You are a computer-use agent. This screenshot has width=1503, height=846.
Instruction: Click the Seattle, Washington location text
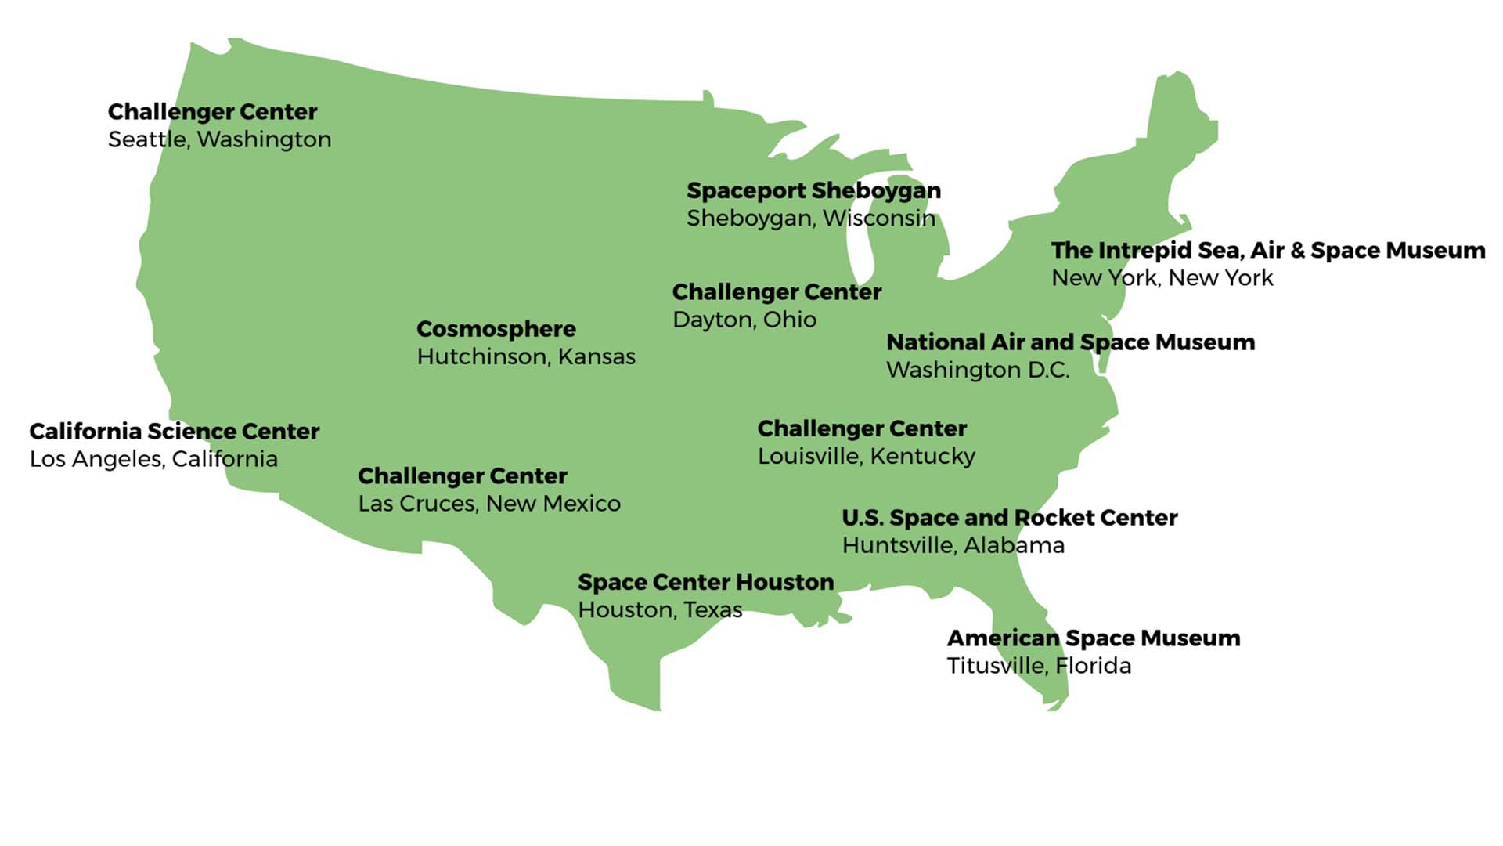[x=219, y=139]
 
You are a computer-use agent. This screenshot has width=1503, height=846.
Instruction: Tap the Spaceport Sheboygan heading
[x=813, y=190]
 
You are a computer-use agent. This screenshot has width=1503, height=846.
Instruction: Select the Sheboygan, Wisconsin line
[x=810, y=218]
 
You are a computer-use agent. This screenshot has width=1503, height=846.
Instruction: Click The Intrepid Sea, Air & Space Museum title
[x=1267, y=250]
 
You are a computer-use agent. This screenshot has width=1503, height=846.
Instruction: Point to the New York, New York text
[x=1162, y=278]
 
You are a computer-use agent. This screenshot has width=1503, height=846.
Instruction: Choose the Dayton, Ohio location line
[x=744, y=320]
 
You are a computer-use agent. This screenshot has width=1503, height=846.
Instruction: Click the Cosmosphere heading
[x=496, y=329]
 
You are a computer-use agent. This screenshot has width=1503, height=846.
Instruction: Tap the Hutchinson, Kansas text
[x=525, y=356]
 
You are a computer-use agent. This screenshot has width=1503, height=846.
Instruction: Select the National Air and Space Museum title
[x=1070, y=342]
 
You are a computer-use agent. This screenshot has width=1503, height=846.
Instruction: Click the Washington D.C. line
[x=977, y=370]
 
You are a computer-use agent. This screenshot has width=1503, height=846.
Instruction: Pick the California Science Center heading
[x=174, y=432]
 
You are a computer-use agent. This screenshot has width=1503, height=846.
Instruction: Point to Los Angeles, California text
[x=153, y=459]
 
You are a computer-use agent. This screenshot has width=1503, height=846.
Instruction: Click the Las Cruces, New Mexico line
[x=488, y=504]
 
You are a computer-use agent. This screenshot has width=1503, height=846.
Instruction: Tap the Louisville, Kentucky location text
[x=866, y=456]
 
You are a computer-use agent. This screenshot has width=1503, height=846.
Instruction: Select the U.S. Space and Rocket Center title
[x=1009, y=518]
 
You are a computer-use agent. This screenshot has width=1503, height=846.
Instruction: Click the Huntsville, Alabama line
[x=953, y=545]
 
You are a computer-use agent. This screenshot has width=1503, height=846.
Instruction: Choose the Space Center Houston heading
[x=705, y=582]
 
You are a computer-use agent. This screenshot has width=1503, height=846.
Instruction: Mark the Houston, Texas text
[x=659, y=609]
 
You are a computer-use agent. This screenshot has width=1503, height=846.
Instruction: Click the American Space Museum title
[x=1093, y=638]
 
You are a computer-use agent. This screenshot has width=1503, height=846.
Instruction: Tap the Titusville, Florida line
[x=1038, y=666]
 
